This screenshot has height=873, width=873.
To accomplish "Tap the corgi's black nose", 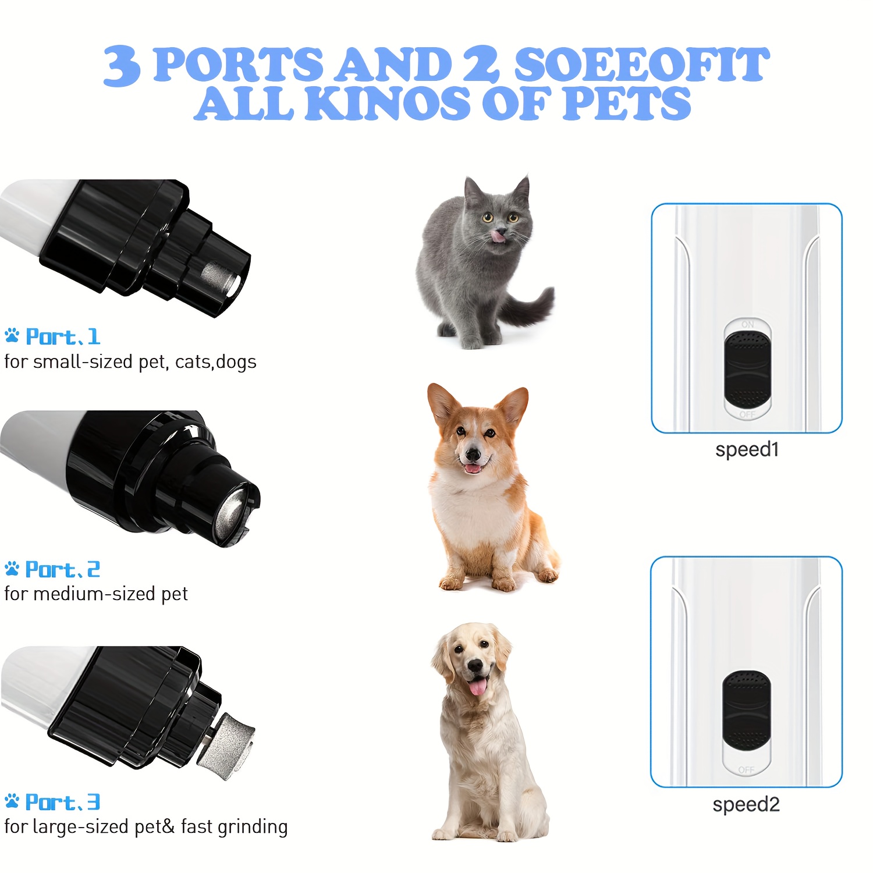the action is click(x=473, y=454).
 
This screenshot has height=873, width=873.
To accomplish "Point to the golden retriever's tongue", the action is click(x=478, y=686).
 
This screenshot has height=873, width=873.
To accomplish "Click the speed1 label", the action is click(x=747, y=450).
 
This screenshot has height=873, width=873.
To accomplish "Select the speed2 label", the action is click(x=746, y=804).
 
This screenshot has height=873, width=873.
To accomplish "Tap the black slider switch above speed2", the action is click(x=747, y=711).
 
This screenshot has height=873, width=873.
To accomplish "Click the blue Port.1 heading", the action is click(x=63, y=337).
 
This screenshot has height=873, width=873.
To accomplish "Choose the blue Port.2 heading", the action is click(x=63, y=569).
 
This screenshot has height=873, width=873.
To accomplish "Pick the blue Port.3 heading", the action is click(x=63, y=802).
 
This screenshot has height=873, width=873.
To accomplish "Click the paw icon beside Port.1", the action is click(x=12, y=335).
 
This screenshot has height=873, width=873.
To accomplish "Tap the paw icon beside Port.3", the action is click(x=12, y=801).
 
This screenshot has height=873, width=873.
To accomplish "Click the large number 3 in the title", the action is click(x=122, y=66).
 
